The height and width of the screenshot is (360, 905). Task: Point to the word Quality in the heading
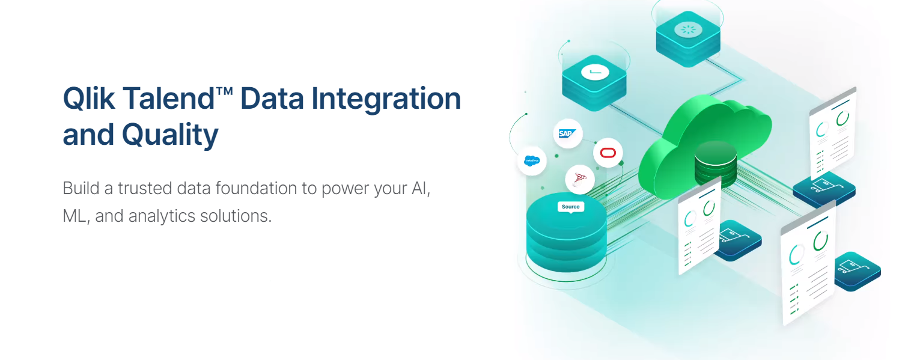(x=170, y=135)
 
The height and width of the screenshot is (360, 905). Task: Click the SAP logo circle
(x=568, y=133)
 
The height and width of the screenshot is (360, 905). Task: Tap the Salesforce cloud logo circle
(x=532, y=160)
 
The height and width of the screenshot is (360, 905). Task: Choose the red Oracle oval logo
(x=608, y=153)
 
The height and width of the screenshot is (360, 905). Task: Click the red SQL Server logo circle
(x=580, y=178)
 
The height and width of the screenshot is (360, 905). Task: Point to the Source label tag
(x=570, y=207)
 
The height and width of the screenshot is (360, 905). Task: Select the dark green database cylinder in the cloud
(x=715, y=163)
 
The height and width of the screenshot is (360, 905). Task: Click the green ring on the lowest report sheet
(x=820, y=242)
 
